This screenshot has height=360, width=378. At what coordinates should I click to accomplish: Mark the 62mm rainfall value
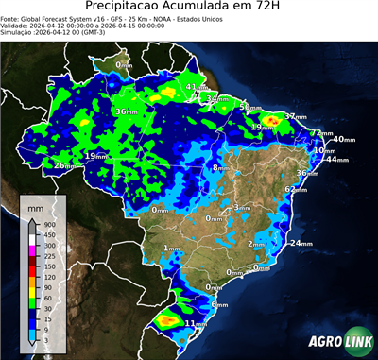[x=296, y=190]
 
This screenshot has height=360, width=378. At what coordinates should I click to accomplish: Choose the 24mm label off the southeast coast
[x=301, y=244]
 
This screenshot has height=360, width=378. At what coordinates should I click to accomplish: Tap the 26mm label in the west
[x=63, y=166]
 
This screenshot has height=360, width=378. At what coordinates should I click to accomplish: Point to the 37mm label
[x=296, y=117]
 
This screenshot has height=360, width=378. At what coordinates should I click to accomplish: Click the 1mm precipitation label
[x=171, y=249]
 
